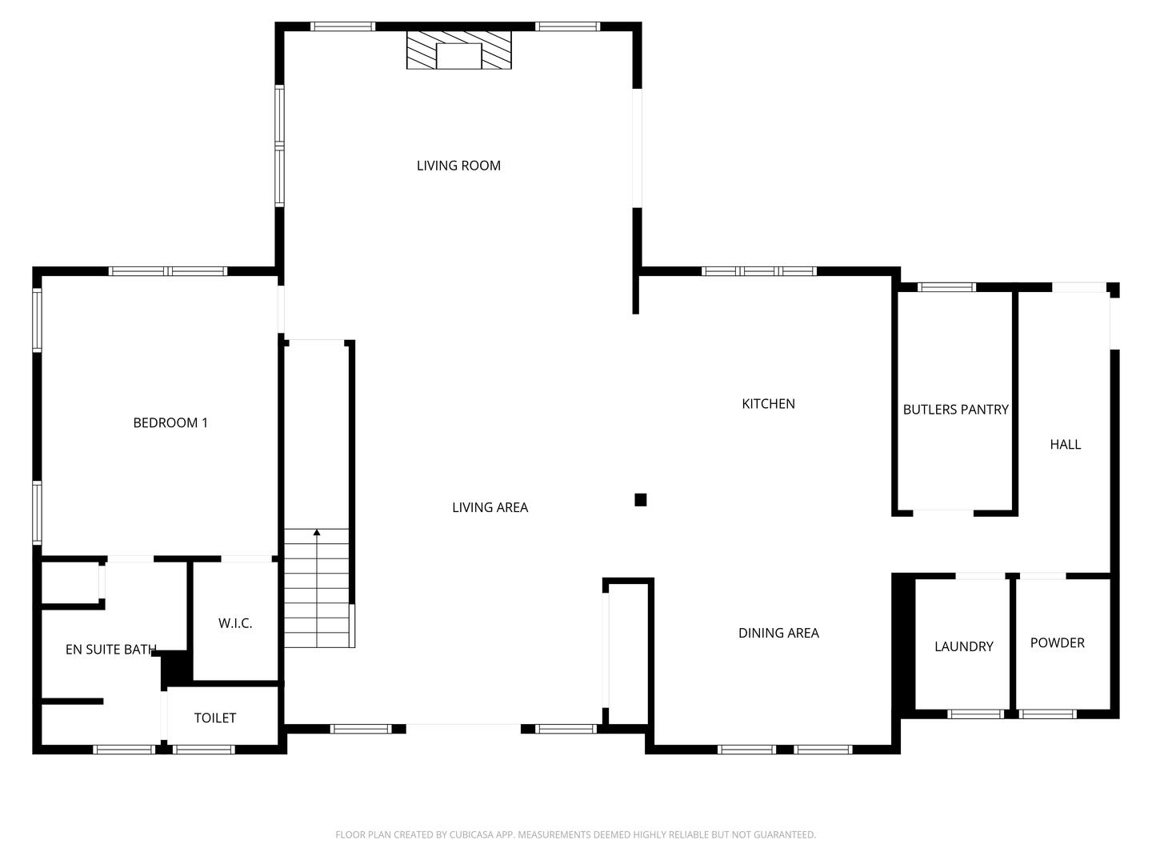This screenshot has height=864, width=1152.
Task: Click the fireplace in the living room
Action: (x=458, y=51)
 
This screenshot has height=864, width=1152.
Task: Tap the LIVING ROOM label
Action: (x=458, y=166)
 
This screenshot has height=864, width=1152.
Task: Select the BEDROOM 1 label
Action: (x=170, y=422)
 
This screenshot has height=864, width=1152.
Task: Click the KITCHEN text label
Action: (x=768, y=404)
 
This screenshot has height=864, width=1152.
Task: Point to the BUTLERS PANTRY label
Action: (x=955, y=410)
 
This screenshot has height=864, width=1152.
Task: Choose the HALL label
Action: (x=1065, y=445)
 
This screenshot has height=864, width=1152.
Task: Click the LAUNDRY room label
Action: (x=963, y=646)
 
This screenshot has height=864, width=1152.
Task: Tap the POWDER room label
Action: (x=1057, y=643)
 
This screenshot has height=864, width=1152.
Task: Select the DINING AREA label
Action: (x=778, y=634)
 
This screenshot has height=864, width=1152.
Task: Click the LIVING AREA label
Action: (x=490, y=507)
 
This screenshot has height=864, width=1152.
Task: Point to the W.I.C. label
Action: (x=235, y=623)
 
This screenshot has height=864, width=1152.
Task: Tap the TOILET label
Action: (x=214, y=718)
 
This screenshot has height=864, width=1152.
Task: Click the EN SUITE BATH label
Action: (x=110, y=650)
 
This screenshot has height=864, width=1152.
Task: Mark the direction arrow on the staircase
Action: (x=317, y=533)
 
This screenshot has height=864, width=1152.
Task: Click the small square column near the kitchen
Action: (x=640, y=500)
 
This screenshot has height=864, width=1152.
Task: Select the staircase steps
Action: (x=317, y=592)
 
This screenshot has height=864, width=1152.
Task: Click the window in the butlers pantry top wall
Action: (x=946, y=287)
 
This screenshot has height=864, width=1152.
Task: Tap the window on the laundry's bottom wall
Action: (x=975, y=714)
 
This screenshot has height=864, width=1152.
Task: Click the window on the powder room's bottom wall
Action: (x=1047, y=714)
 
